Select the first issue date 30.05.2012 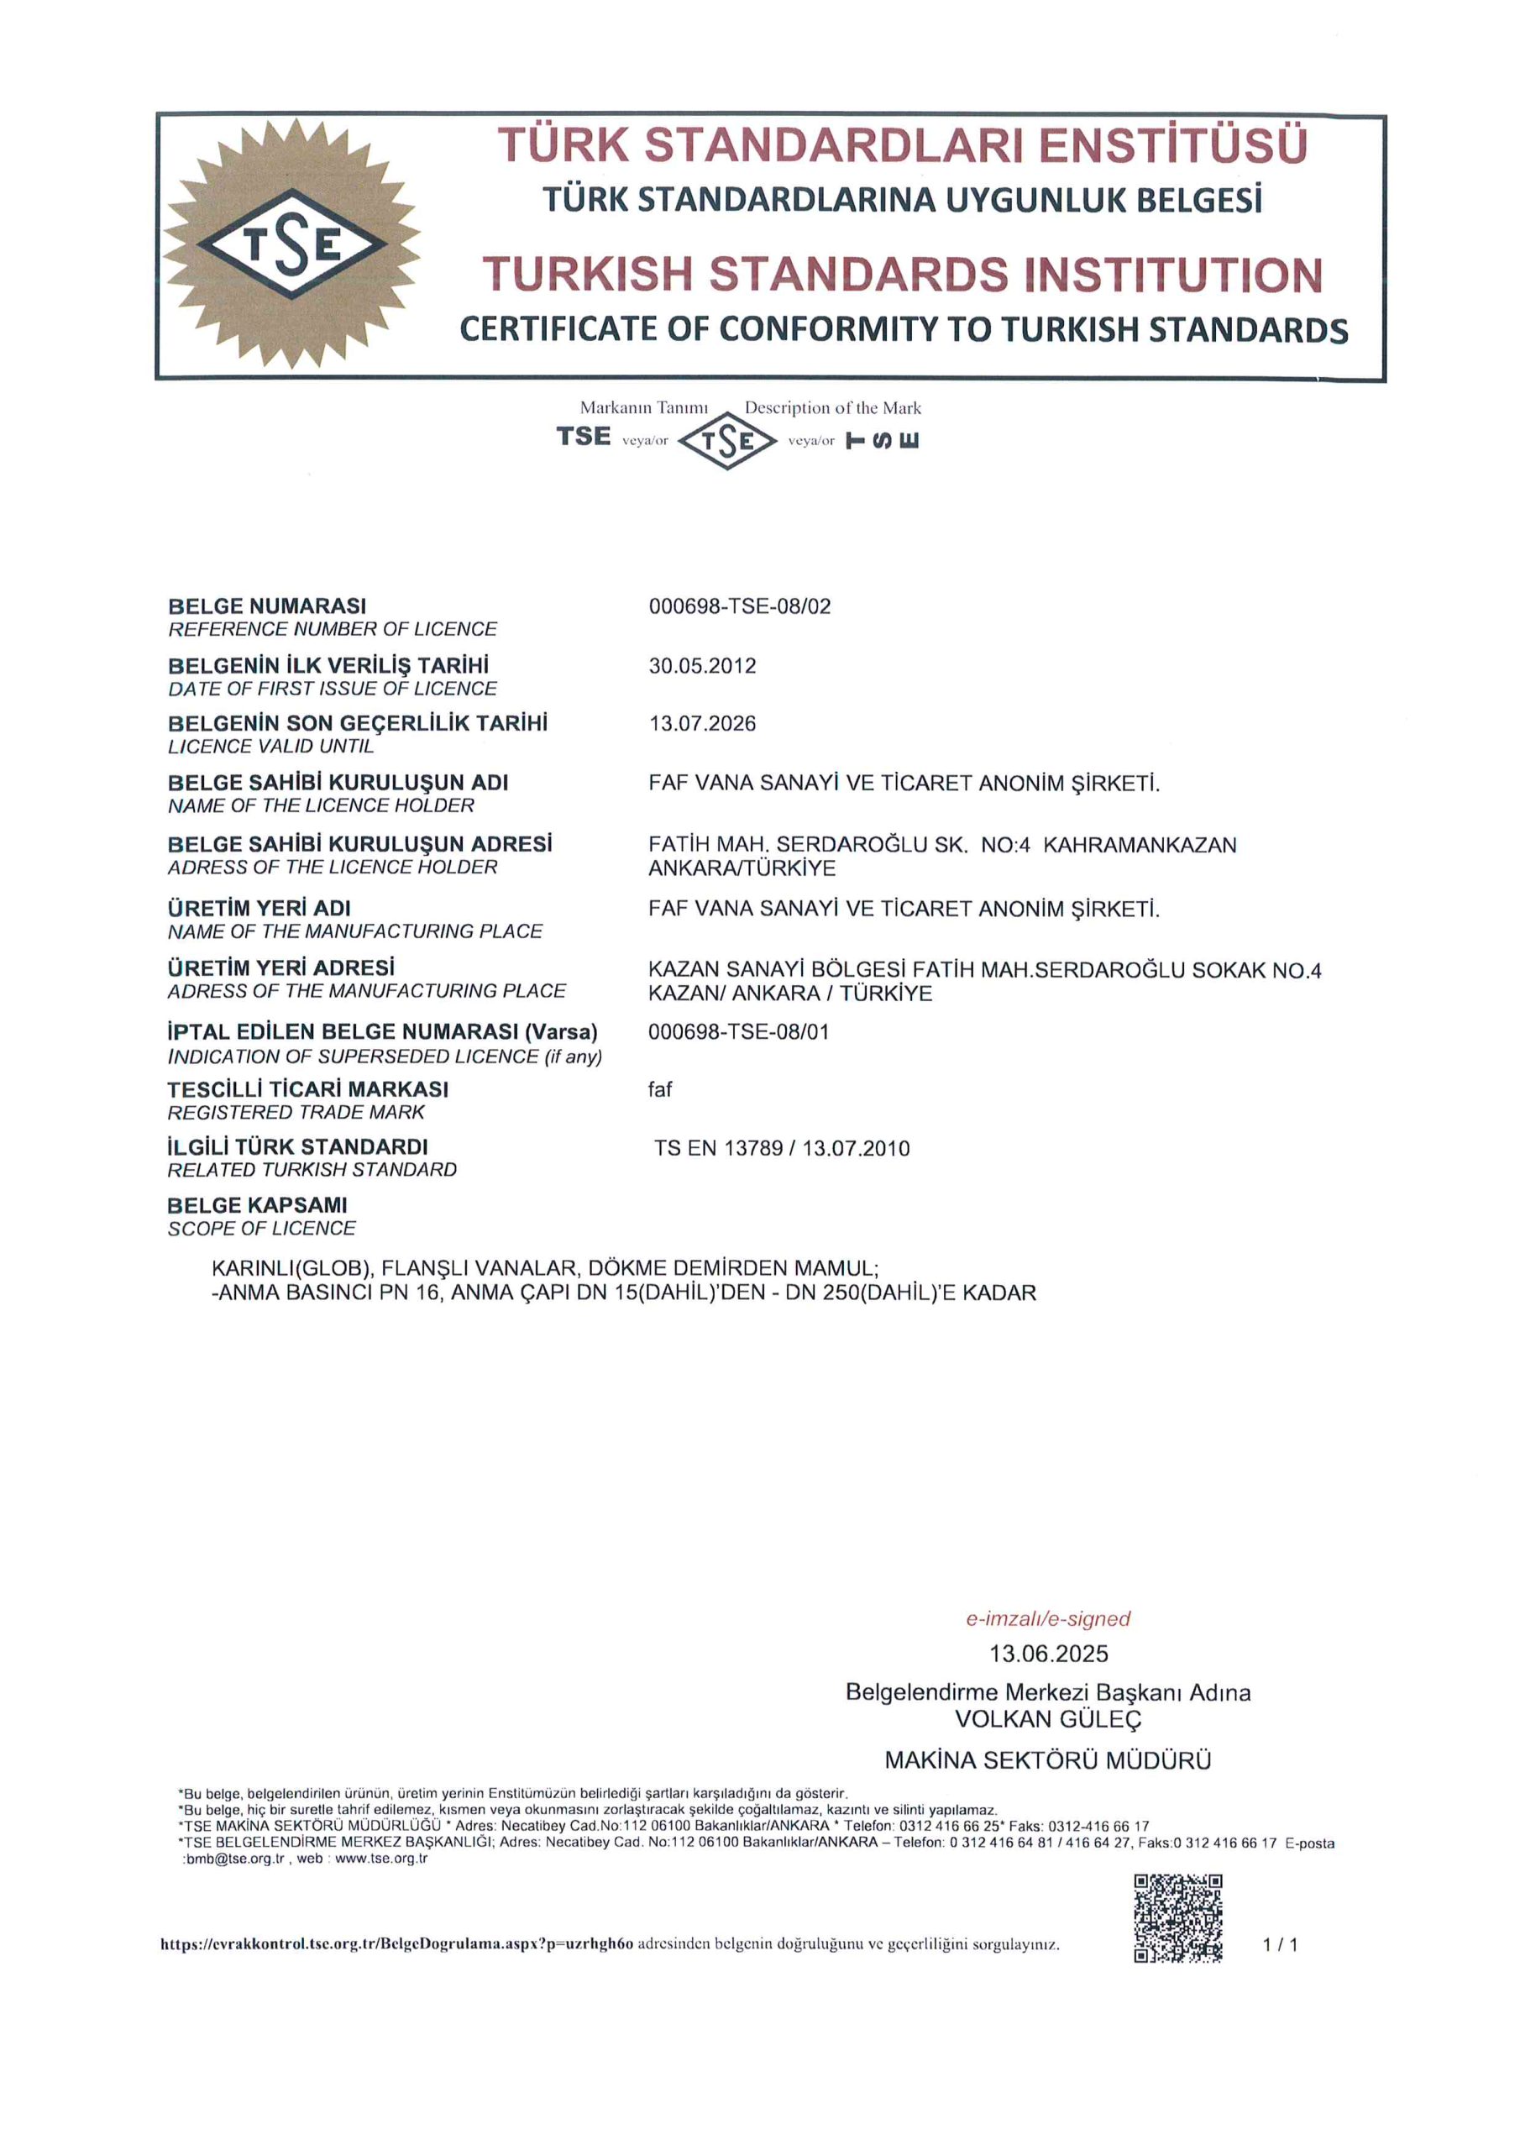pyautogui.click(x=701, y=666)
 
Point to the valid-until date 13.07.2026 pyautogui.click(x=701, y=724)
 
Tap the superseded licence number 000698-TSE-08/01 pyautogui.click(x=738, y=1032)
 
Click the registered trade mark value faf pyautogui.click(x=659, y=1089)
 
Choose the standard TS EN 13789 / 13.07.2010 pyautogui.click(x=781, y=1148)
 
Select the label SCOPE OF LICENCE pyautogui.click(x=261, y=1229)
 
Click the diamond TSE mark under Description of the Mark pyautogui.click(x=726, y=440)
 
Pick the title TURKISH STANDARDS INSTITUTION pyautogui.click(x=902, y=275)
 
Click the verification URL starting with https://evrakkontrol pyautogui.click(x=397, y=1945)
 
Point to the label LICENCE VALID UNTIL pyautogui.click(x=270, y=747)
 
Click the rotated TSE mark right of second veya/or pyautogui.click(x=883, y=440)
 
